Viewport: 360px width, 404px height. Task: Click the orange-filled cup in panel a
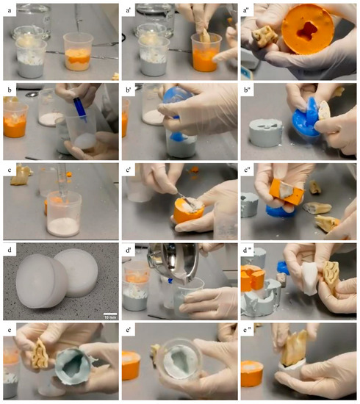click(81, 54)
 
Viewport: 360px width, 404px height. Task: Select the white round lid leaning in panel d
click(82, 274)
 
